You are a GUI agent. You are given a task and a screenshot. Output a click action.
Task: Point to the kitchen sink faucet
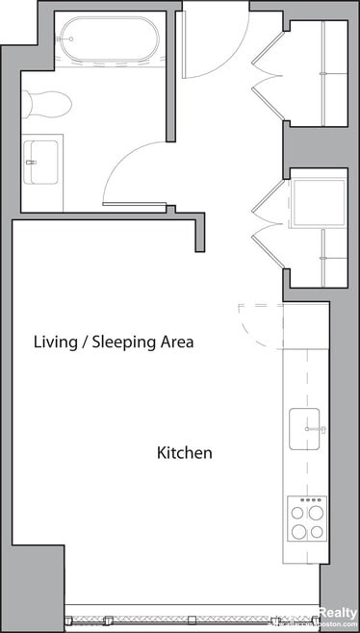(x=321, y=428)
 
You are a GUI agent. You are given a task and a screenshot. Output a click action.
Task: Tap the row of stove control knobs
(x=310, y=500)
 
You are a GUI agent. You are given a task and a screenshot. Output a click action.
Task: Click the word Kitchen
(x=184, y=452)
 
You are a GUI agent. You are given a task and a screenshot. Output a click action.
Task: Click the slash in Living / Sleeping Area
(x=88, y=342)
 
